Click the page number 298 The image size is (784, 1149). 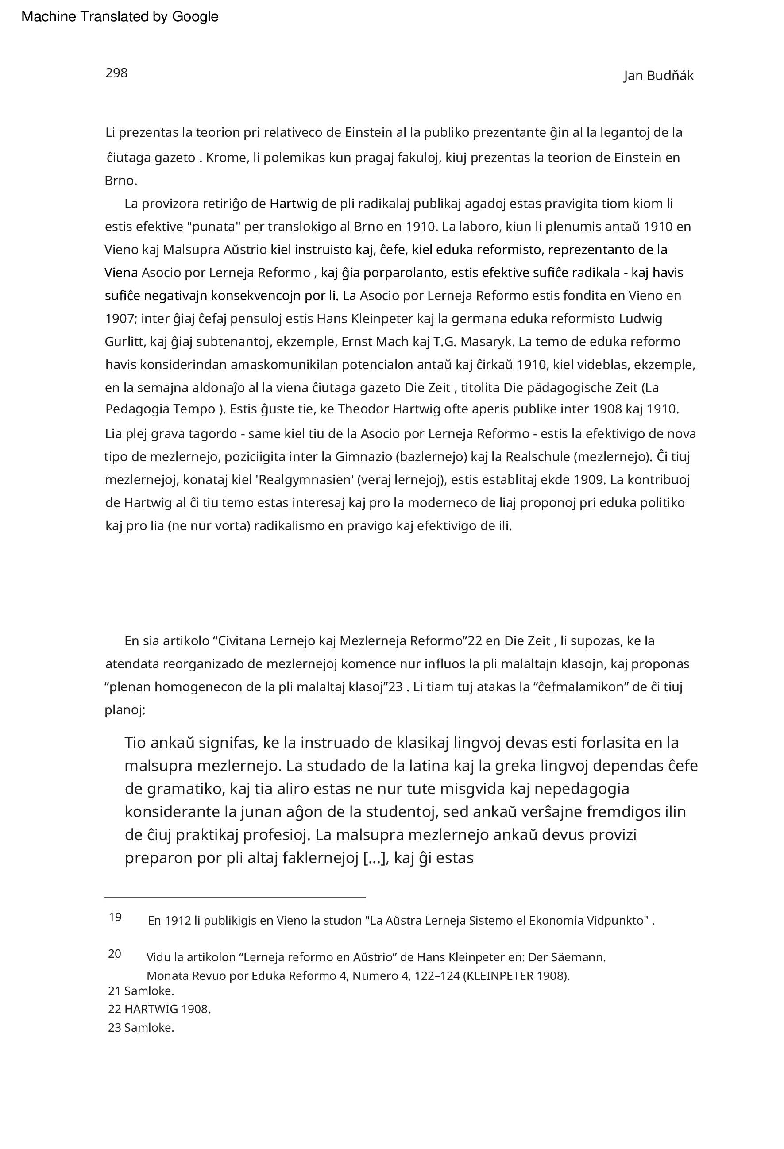point(116,73)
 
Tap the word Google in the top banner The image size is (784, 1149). point(195,17)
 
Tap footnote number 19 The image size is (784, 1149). point(115,917)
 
